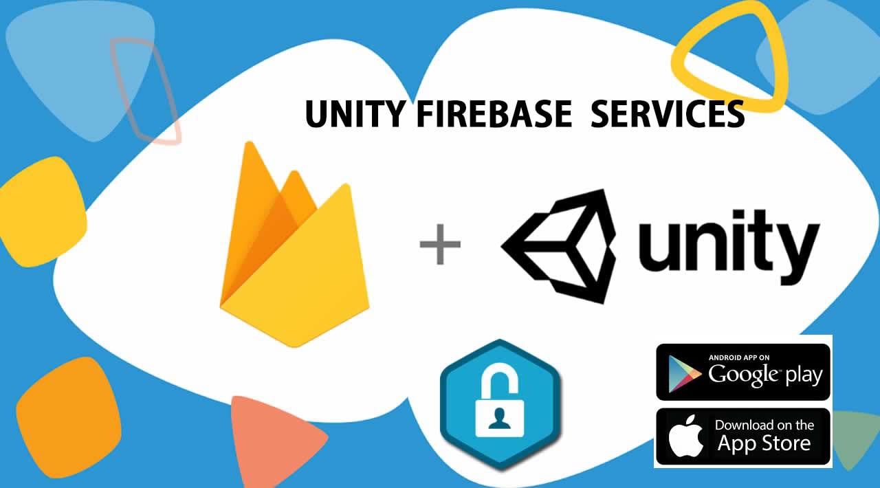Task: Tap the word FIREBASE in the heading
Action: pyautogui.click(x=494, y=114)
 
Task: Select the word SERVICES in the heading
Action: pyautogui.click(x=668, y=114)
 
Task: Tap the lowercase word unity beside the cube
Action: pyautogui.click(x=729, y=244)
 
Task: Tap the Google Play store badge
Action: pyautogui.click(x=743, y=372)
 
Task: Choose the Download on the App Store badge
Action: pyautogui.click(x=743, y=436)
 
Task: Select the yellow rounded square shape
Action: pyautogui.click(x=41, y=210)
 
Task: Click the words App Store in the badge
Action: pyautogui.click(x=764, y=444)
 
